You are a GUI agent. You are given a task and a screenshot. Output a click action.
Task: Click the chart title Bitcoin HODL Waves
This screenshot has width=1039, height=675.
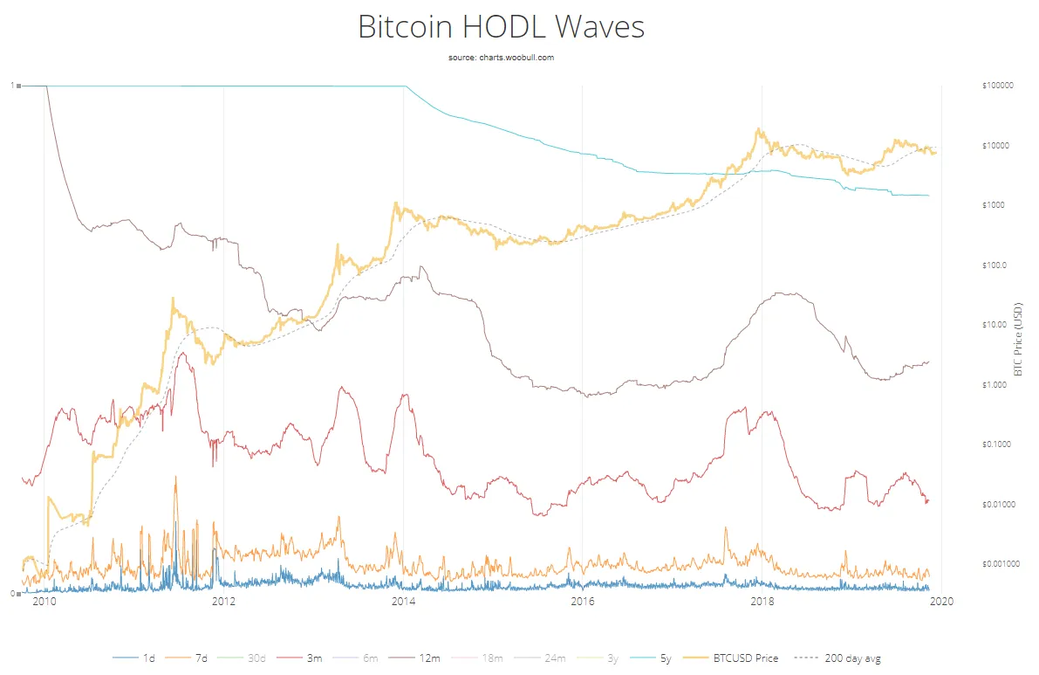point(501,27)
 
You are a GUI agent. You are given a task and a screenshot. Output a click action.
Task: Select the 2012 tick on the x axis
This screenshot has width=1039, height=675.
point(223,601)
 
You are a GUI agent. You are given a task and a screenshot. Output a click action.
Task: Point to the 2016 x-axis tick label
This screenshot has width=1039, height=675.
point(582,601)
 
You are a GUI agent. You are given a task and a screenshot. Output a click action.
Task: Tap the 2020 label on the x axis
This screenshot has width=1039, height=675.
point(941,601)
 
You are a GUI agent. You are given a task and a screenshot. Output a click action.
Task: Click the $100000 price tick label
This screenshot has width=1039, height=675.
point(997,86)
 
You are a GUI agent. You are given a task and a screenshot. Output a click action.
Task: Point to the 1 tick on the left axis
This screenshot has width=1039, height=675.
point(12,86)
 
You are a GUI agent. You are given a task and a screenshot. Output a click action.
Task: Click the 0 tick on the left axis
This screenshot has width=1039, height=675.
point(12,594)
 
